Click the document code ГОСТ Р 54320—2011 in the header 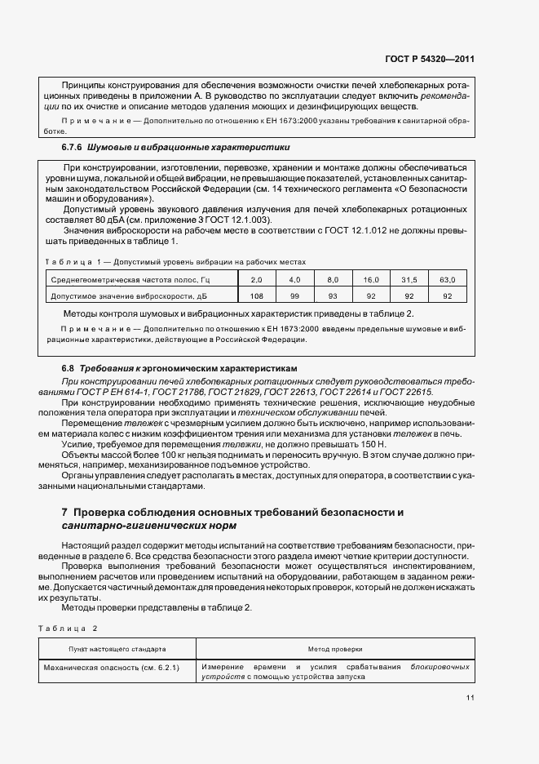coord(430,59)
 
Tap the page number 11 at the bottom coord(471,697)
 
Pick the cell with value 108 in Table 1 coord(256,296)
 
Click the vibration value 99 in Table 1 coord(294,296)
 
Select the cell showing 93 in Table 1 coord(333,296)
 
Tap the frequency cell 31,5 coord(409,280)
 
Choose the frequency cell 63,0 coord(447,280)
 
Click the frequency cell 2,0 coord(256,280)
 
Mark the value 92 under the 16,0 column coord(371,296)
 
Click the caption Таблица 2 coord(68,628)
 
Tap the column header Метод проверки coord(335,649)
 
